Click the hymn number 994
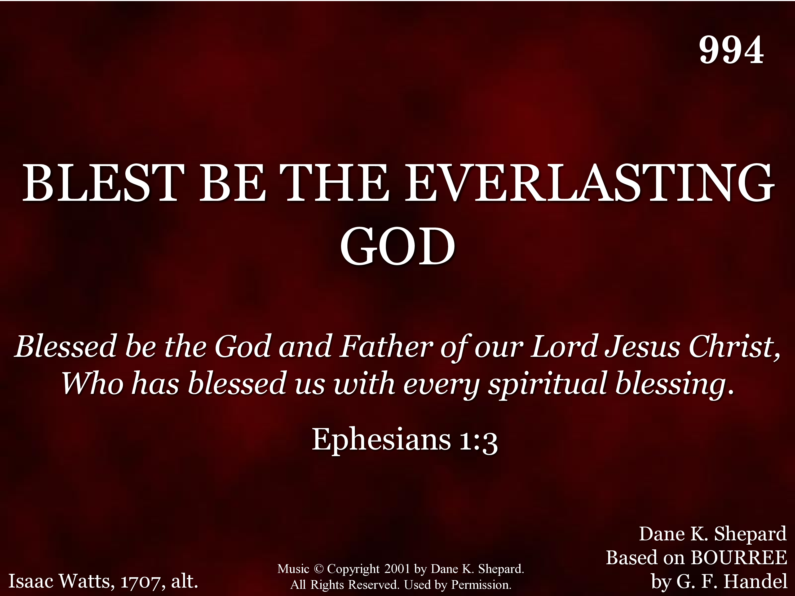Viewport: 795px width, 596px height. pyautogui.click(x=731, y=50)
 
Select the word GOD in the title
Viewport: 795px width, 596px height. pyautogui.click(x=397, y=246)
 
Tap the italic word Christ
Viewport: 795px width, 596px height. pyautogui.click(x=733, y=347)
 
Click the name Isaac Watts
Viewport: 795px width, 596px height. pyautogui.click(x=61, y=581)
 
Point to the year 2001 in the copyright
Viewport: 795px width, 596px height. pyautogui.click(x=397, y=569)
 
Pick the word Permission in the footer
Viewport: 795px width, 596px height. pyautogui.click(x=481, y=585)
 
